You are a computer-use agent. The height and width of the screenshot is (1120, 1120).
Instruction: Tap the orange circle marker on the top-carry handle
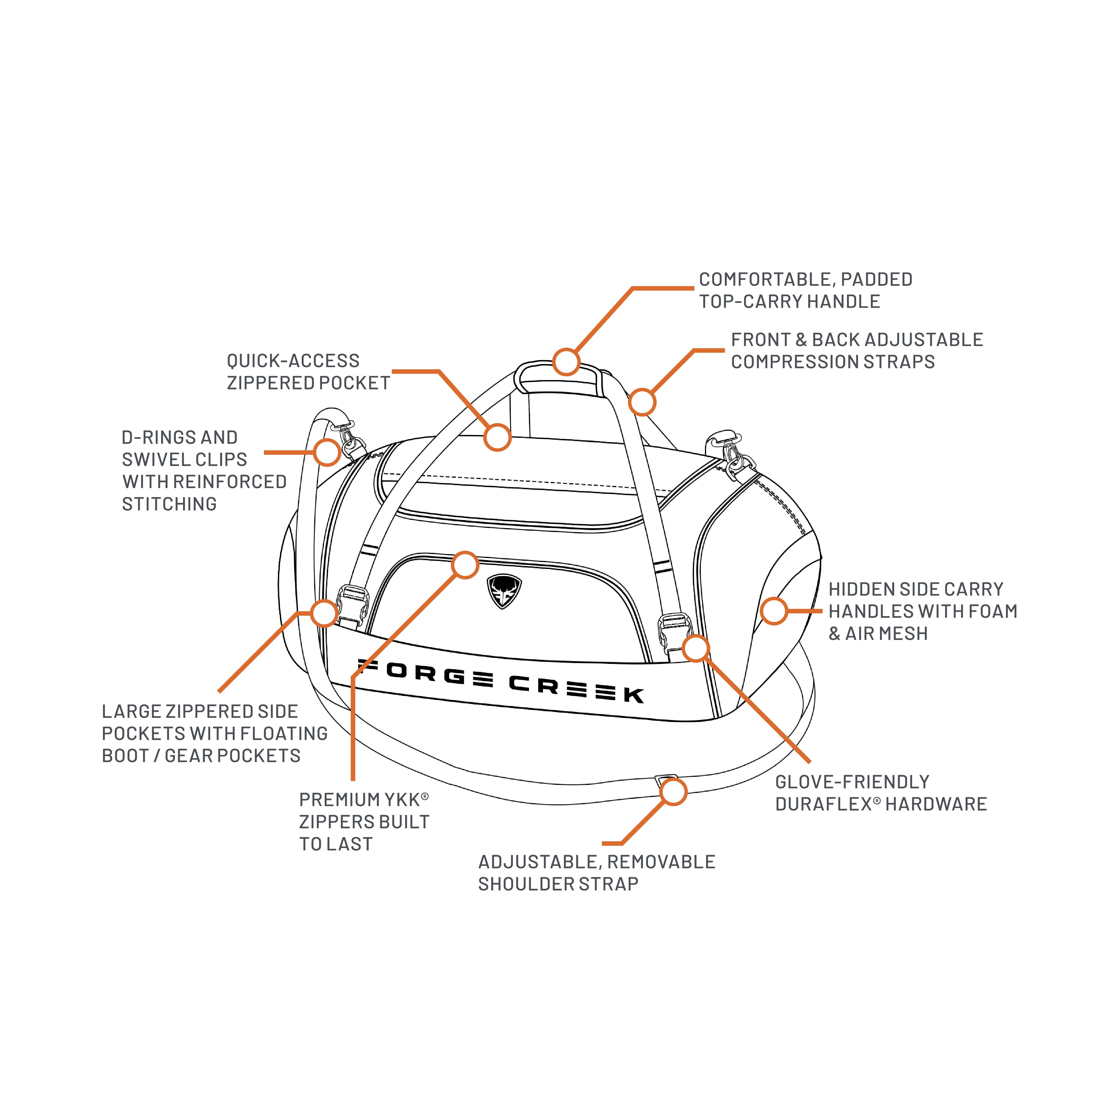tap(566, 362)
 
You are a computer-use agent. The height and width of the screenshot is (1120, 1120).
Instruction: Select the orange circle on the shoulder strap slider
tap(673, 792)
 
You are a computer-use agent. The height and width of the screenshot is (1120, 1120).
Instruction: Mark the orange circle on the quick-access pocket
tap(498, 437)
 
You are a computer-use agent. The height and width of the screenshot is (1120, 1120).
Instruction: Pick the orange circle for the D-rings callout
tap(327, 452)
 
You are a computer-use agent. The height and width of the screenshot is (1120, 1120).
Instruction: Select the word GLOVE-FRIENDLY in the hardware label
tap(852, 782)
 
